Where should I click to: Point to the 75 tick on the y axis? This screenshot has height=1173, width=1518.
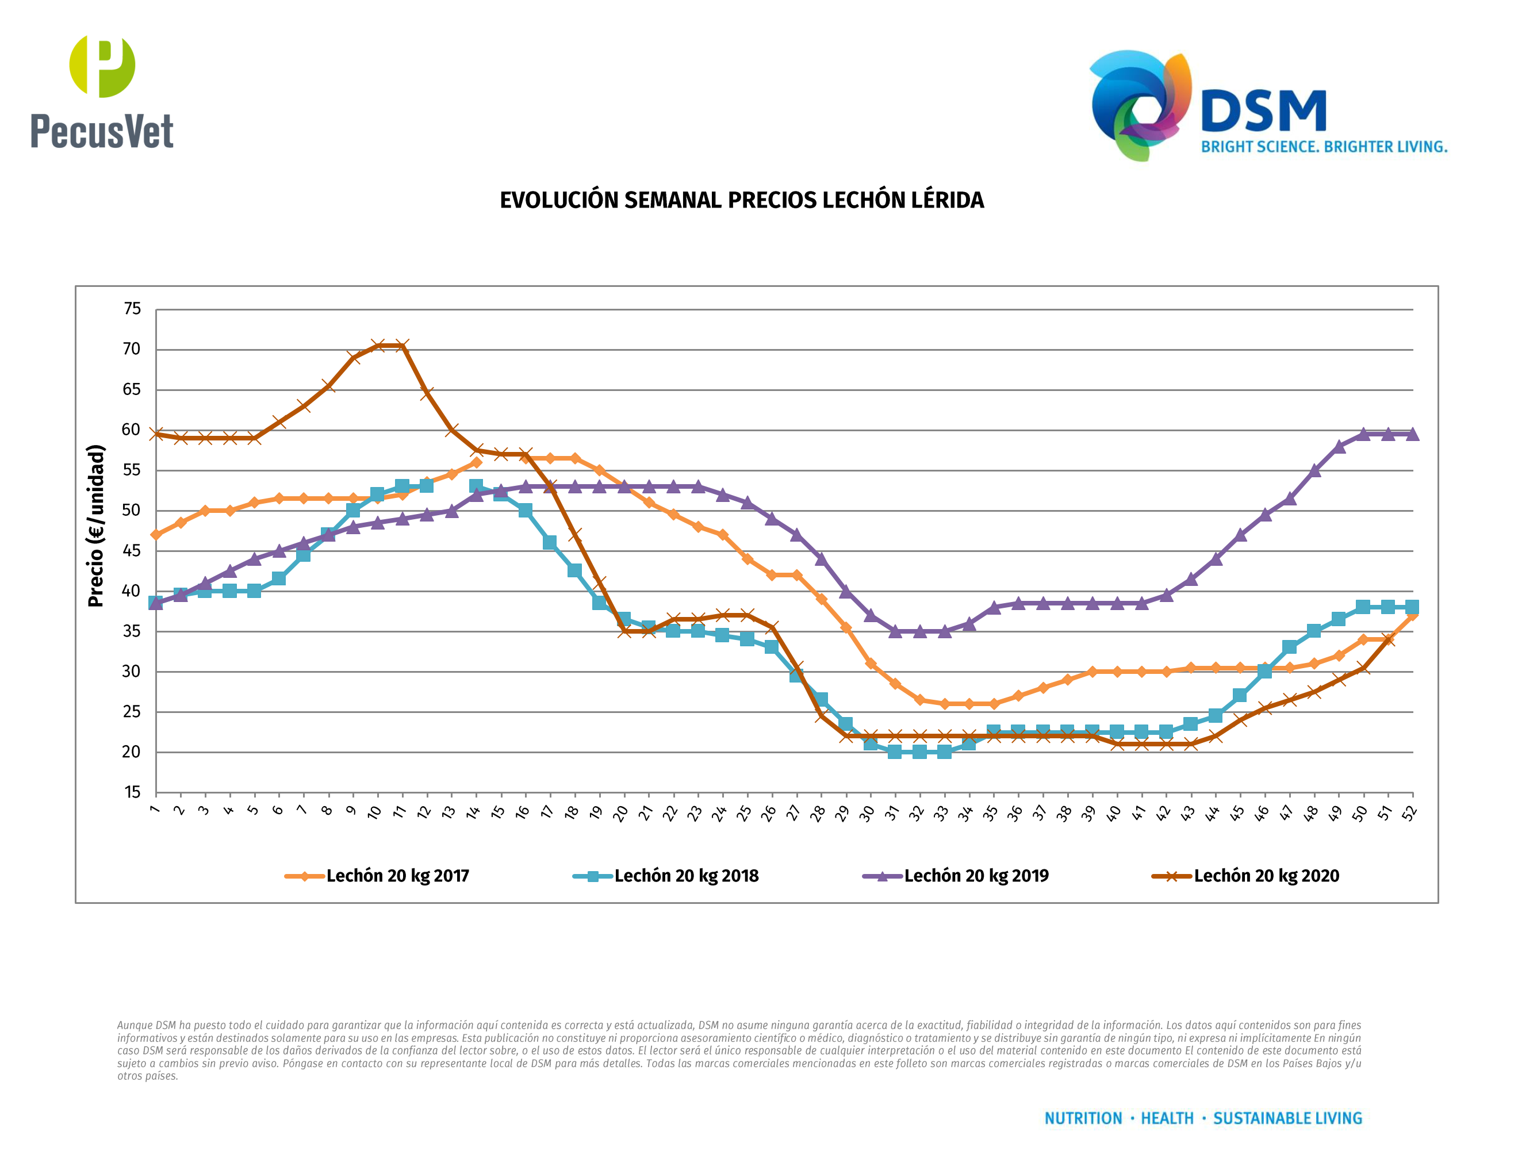[132, 309]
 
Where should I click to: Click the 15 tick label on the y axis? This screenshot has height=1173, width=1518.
[132, 792]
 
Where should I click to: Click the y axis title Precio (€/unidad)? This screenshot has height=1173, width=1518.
[96, 526]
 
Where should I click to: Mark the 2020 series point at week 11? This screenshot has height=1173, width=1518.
[402, 346]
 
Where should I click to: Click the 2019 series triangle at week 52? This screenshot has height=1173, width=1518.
[1412, 434]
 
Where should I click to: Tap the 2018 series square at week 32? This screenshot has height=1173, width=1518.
[919, 752]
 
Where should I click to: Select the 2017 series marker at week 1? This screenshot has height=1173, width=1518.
[156, 534]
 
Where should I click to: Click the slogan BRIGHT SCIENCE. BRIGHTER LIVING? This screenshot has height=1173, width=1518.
[1324, 147]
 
